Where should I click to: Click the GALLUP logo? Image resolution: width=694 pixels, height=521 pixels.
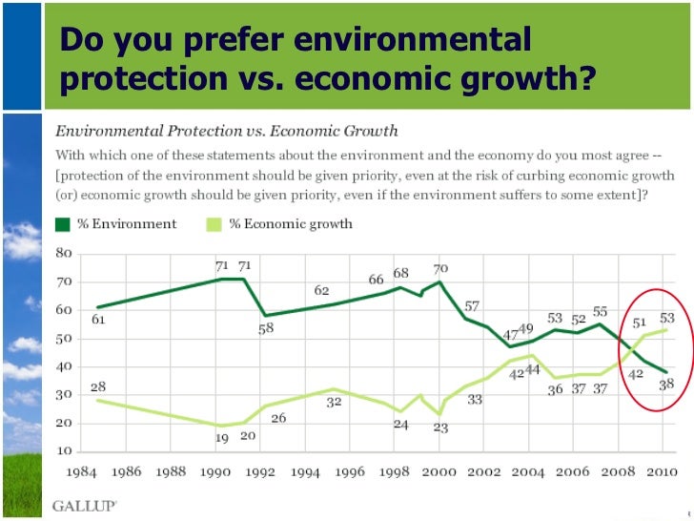(x=85, y=505)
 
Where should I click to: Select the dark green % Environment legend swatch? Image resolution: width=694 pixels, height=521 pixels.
(x=64, y=224)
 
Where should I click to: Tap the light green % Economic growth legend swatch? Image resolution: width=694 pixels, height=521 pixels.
(x=215, y=224)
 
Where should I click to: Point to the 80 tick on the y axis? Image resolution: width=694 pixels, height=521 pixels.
(x=65, y=253)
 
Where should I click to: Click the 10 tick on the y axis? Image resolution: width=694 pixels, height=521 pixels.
(x=65, y=450)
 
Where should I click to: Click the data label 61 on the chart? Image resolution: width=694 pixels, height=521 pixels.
(x=98, y=320)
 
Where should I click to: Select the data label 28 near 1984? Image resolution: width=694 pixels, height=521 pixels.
(x=97, y=386)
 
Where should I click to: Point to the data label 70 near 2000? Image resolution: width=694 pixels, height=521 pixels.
(x=439, y=269)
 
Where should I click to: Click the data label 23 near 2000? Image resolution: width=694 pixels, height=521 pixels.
(x=439, y=427)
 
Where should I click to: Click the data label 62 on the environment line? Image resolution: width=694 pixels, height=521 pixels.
(x=321, y=290)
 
